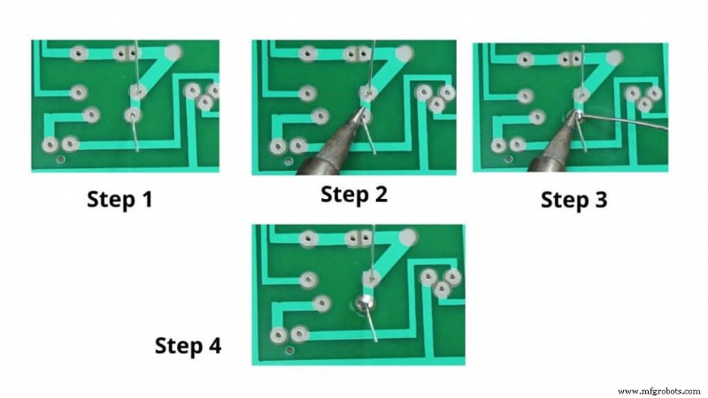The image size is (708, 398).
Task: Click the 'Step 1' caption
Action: click(x=119, y=200)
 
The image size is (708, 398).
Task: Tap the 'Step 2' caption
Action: click(x=354, y=195)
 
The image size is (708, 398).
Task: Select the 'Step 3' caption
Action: click(x=574, y=201)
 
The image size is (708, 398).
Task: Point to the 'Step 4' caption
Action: click(x=189, y=345)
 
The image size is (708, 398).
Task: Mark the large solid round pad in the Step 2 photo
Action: click(x=405, y=53)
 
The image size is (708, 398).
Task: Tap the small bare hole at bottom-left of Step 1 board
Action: click(x=60, y=159)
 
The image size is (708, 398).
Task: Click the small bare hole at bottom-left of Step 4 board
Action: click(x=289, y=351)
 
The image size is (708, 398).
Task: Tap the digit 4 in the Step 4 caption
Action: click(x=215, y=345)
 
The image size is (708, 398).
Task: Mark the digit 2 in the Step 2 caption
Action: click(x=381, y=195)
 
